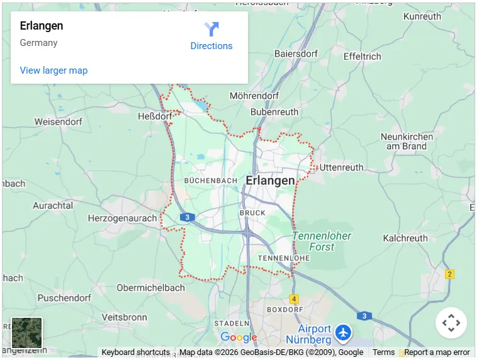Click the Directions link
tap(211, 46)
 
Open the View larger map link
tap(54, 70)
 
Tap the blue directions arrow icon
tap(211, 29)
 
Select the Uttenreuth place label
tap(341, 167)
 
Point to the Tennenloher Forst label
tap(322, 242)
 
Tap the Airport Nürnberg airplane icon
tap(343, 332)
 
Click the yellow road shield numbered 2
tap(449, 274)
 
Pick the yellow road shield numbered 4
tap(294, 299)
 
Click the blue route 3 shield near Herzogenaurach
tap(187, 217)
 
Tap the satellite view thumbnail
tap(27, 333)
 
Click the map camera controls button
tap(451, 323)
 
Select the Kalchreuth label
tap(405, 239)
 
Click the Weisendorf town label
tap(58, 121)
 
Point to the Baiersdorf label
tap(296, 54)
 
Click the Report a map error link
tap(437, 352)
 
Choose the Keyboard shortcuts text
tap(135, 352)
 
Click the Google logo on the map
tap(239, 337)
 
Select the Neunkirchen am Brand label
tap(407, 141)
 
